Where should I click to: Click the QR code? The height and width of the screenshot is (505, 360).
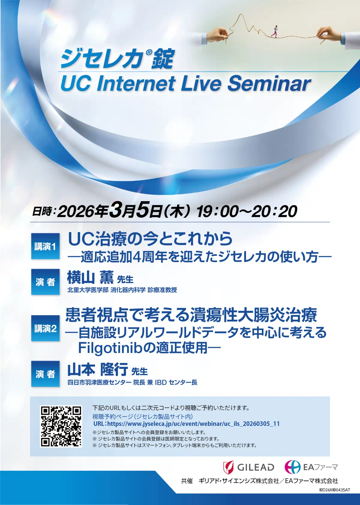click(x=61, y=426)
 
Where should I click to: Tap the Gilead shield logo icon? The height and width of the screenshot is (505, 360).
click(x=228, y=468)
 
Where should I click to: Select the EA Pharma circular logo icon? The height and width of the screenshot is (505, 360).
click(x=292, y=467)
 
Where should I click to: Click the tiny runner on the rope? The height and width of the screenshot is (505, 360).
click(x=275, y=31)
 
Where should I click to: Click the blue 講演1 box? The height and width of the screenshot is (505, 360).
click(x=45, y=246)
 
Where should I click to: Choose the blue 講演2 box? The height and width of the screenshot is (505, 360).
click(x=45, y=328)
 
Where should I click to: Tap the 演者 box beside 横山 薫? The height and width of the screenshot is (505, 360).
click(x=45, y=282)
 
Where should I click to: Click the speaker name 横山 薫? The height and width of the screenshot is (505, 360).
click(x=90, y=277)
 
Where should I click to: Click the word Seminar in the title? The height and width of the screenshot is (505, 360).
click(x=269, y=84)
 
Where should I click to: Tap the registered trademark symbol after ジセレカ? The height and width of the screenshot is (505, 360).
click(x=148, y=52)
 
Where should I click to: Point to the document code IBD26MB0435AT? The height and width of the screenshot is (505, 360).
click(x=335, y=496)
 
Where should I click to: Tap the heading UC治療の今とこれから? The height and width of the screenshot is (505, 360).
click(x=150, y=239)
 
